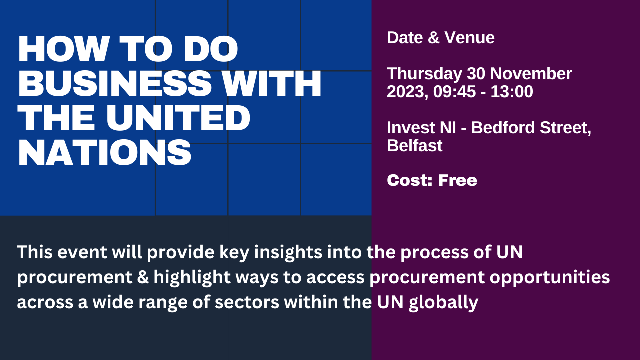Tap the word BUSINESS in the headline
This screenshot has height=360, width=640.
pyautogui.click(x=115, y=83)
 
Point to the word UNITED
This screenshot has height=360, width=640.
pyautogui.click(x=178, y=118)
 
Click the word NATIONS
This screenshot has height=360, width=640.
pyautogui.click(x=105, y=153)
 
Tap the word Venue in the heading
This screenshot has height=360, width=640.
pyautogui.click(x=469, y=38)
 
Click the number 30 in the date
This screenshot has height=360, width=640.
pyautogui.click(x=476, y=74)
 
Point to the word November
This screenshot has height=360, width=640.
pyautogui.click(x=531, y=74)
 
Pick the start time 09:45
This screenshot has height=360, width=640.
pyautogui.click(x=455, y=92)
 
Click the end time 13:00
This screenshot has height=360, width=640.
pyautogui.click(x=512, y=92)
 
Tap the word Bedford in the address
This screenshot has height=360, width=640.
pyautogui.click(x=503, y=127)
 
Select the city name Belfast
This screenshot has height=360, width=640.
pyautogui.click(x=415, y=146)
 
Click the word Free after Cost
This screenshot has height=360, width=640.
pyautogui.click(x=457, y=180)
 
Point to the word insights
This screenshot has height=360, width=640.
pyautogui.click(x=288, y=253)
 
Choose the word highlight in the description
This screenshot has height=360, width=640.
pyautogui.click(x=192, y=278)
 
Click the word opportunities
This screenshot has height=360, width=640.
pyautogui.click(x=550, y=278)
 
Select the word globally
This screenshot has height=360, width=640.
pyautogui.click(x=443, y=303)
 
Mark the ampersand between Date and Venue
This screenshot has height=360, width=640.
pyautogui.click(x=434, y=38)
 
